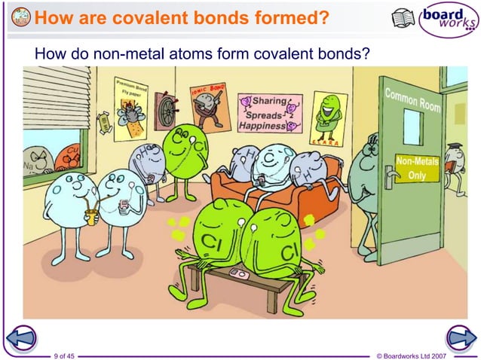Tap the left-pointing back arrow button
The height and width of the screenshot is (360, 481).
pos(23,339)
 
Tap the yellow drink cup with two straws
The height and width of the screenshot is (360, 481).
pos(92,217)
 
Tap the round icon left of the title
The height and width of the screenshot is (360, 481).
pos(21,17)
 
